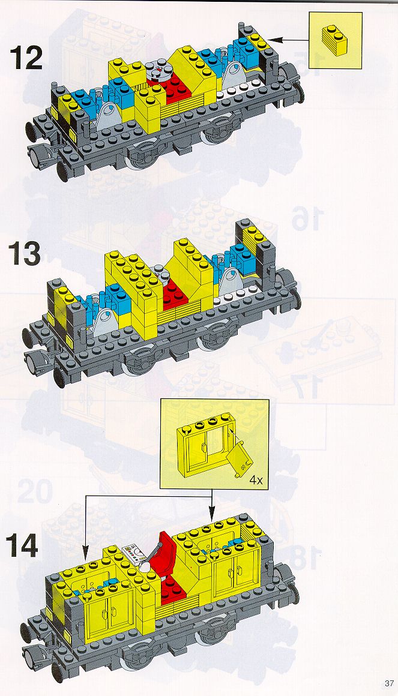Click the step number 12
click(x=26, y=57)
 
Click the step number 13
click(x=25, y=253)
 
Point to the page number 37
click(x=389, y=683)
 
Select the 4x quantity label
click(x=255, y=479)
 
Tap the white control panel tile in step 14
click(x=134, y=553)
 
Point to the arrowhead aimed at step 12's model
click(x=274, y=40)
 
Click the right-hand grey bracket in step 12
click(x=235, y=73)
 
